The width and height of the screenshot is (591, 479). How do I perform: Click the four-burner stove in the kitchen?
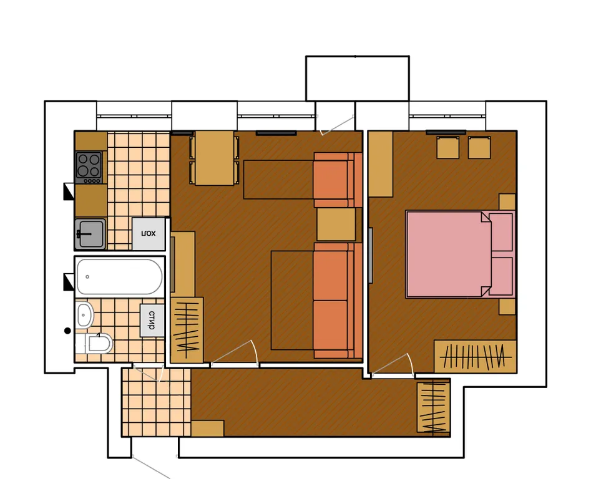click(89, 167)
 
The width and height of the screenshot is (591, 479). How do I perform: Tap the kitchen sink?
click(90, 234)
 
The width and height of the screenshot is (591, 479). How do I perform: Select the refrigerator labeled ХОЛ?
click(149, 234)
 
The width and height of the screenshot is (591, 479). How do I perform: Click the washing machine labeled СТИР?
click(152, 320)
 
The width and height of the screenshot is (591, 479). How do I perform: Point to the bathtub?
click(119, 277)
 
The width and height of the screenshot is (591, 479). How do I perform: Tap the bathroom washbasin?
click(84, 315)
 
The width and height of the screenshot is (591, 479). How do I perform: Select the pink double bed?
click(460, 254)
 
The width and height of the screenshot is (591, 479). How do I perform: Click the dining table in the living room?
click(215, 158)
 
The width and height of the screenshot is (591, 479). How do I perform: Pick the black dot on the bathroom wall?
click(67, 331)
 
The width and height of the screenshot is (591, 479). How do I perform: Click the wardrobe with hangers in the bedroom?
click(475, 356)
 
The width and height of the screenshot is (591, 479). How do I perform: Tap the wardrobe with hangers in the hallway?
click(434, 407)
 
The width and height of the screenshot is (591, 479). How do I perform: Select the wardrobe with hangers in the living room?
click(187, 330)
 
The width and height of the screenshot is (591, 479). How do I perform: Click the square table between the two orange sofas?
click(336, 224)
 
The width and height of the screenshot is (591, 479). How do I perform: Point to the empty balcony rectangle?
click(358, 79)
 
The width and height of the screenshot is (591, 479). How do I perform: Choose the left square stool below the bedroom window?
click(447, 147)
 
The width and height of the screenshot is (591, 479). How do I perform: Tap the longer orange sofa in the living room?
click(333, 300)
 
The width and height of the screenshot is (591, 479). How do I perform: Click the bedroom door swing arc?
click(410, 362)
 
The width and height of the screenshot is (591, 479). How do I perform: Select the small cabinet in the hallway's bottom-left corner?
click(208, 428)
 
